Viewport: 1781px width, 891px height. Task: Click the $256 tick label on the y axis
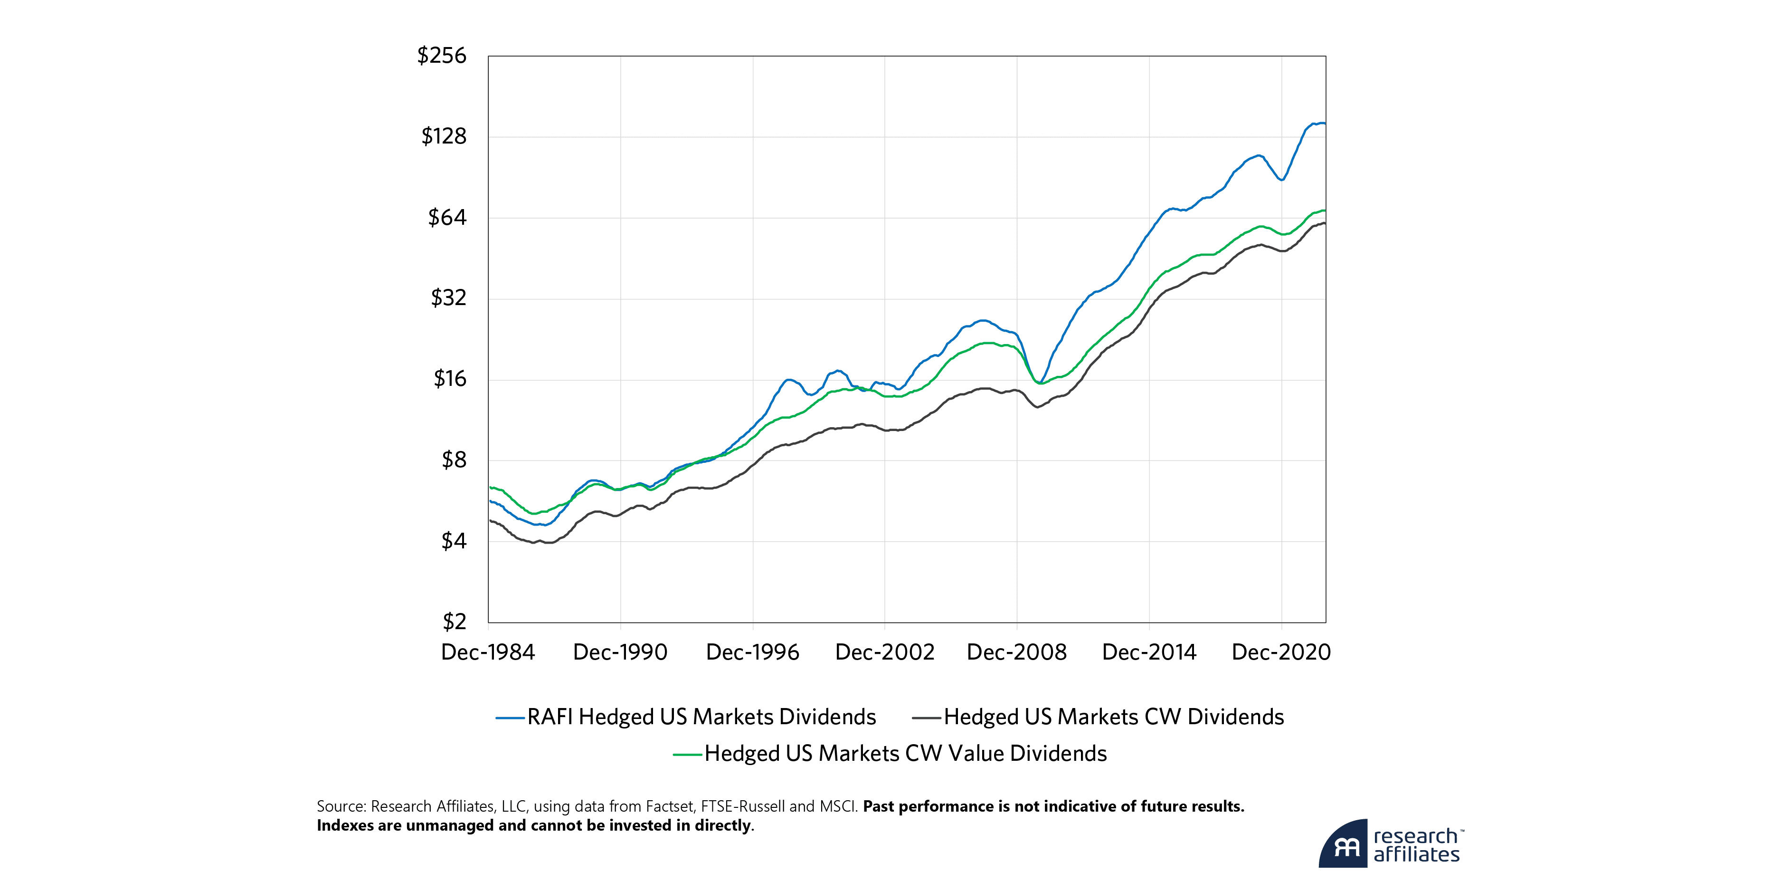pyautogui.click(x=442, y=55)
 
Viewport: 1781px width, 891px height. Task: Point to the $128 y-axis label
pyautogui.click(x=444, y=136)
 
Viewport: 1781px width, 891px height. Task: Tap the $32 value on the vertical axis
pyautogui.click(x=449, y=298)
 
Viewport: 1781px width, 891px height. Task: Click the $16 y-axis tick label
pyautogui.click(x=450, y=379)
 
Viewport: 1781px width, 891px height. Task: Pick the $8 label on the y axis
pyautogui.click(x=454, y=460)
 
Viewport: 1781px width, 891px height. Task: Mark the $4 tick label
pyautogui.click(x=454, y=541)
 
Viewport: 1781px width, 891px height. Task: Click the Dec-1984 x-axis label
pyautogui.click(x=488, y=652)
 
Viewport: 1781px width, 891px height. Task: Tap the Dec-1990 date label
pyautogui.click(x=620, y=652)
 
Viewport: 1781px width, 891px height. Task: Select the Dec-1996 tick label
pyautogui.click(x=752, y=652)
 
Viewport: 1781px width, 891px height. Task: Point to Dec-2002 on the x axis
pyautogui.click(x=884, y=652)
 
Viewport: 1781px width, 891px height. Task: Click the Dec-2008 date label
pyautogui.click(x=1016, y=652)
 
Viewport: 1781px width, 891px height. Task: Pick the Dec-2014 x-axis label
pyautogui.click(x=1149, y=652)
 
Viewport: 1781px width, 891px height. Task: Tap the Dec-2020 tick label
pyautogui.click(x=1281, y=652)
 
